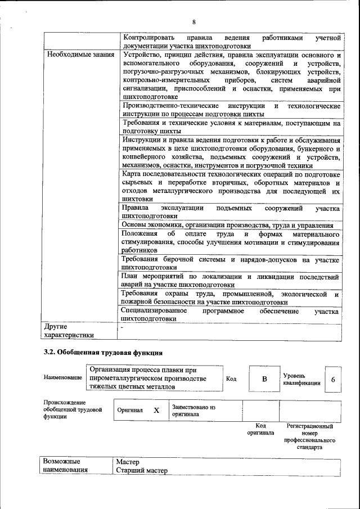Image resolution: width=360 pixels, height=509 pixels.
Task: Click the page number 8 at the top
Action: tap(193, 22)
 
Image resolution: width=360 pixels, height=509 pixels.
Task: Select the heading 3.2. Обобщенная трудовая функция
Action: tap(103, 353)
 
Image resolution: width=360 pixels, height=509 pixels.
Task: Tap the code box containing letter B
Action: tap(264, 379)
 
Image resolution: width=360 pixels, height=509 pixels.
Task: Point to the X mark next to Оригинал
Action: tap(156, 411)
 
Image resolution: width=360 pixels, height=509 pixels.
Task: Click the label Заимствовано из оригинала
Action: tap(194, 410)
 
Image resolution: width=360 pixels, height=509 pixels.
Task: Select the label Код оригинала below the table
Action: tap(260, 430)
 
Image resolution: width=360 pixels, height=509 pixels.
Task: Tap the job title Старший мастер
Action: tap(142, 470)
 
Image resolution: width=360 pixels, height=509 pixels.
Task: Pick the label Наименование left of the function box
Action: tap(62, 377)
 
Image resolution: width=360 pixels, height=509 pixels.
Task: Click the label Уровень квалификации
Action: tap(301, 379)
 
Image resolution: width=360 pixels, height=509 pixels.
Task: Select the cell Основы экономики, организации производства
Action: tap(228, 225)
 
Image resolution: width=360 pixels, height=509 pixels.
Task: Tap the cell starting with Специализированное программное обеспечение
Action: tap(231, 314)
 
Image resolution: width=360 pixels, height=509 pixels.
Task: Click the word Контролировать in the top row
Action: tap(147, 38)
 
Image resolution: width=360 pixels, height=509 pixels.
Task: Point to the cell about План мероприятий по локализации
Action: tap(231, 281)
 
